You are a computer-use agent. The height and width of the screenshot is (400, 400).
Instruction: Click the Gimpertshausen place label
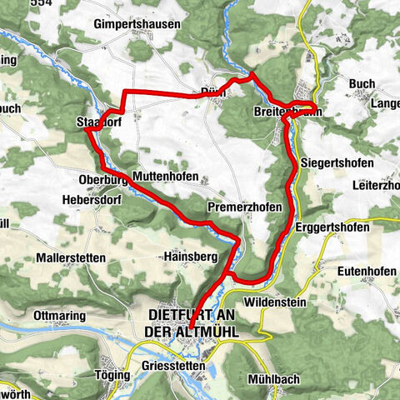137,24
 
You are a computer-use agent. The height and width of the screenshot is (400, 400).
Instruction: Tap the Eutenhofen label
366,271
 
